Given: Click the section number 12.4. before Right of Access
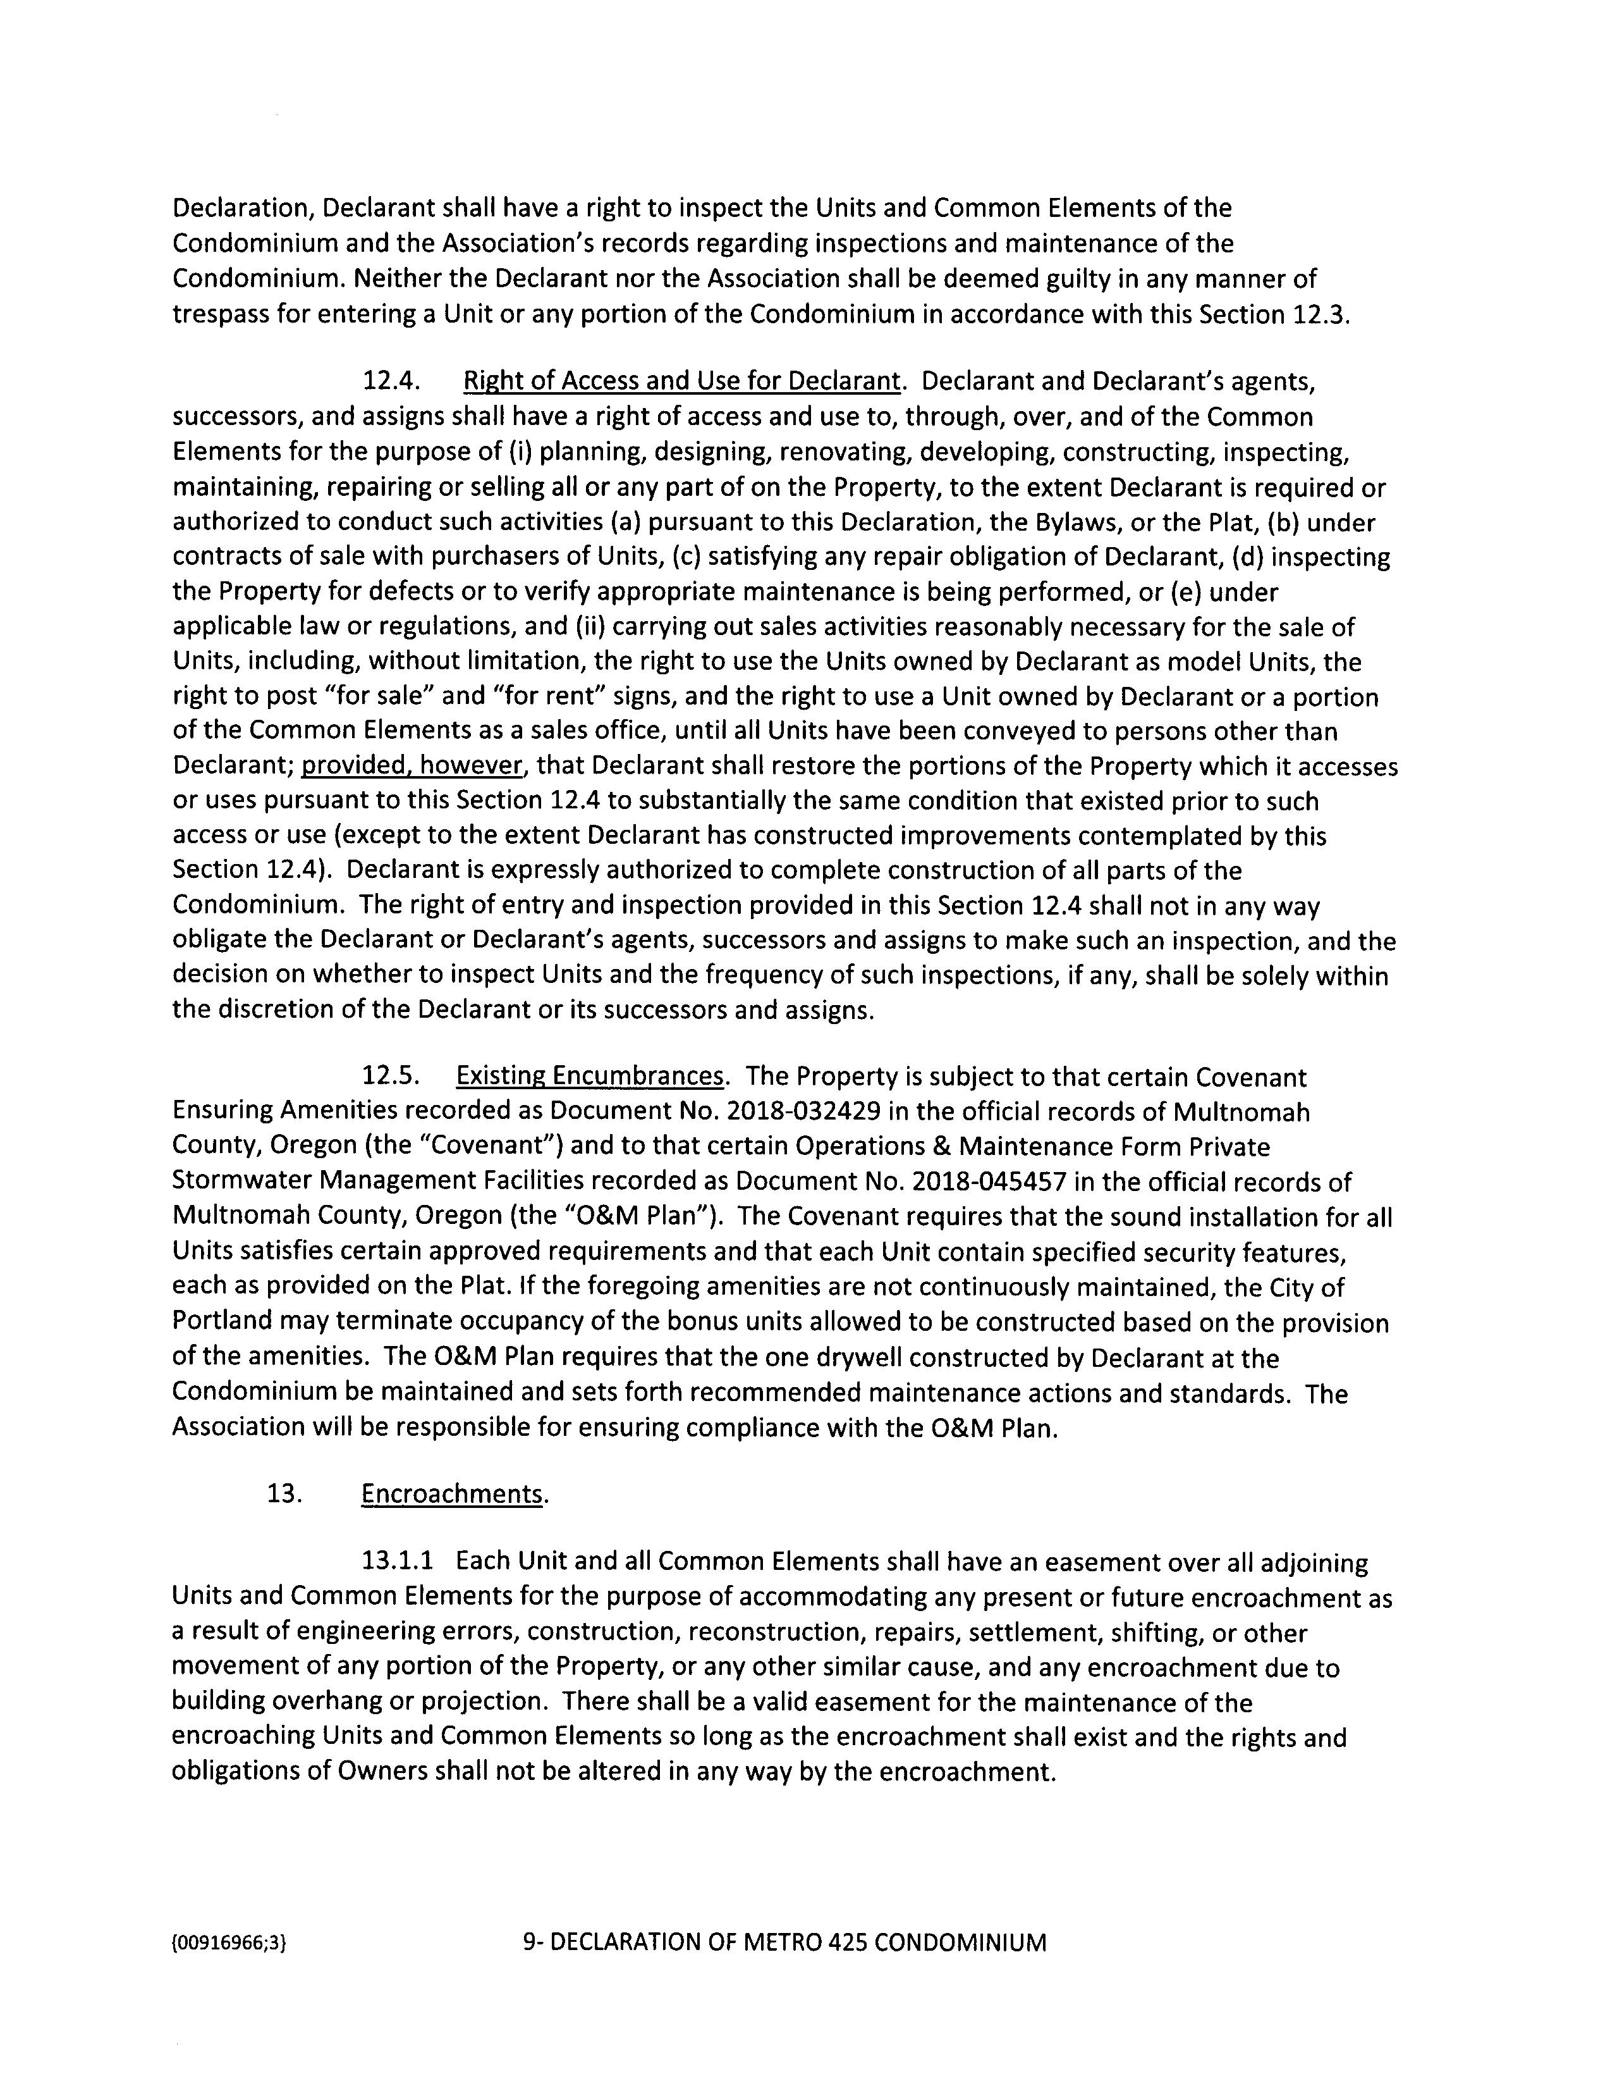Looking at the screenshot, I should (391, 381).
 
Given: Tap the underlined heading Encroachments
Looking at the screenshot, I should (453, 1494).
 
